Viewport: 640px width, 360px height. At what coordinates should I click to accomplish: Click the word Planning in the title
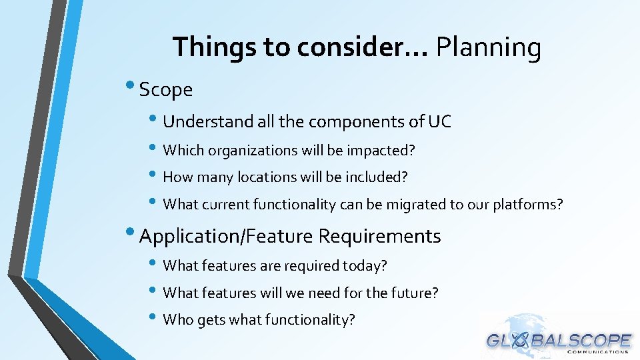(488, 48)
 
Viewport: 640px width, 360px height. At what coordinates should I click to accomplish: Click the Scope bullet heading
(165, 89)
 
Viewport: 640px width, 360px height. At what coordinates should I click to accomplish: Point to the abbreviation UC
(439, 121)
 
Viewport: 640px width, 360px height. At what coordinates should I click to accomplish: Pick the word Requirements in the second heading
(379, 236)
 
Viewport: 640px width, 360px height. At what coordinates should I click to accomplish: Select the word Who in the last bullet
(178, 320)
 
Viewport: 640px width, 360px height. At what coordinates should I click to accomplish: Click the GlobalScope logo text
(559, 341)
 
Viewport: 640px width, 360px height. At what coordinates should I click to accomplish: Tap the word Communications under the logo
(597, 353)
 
